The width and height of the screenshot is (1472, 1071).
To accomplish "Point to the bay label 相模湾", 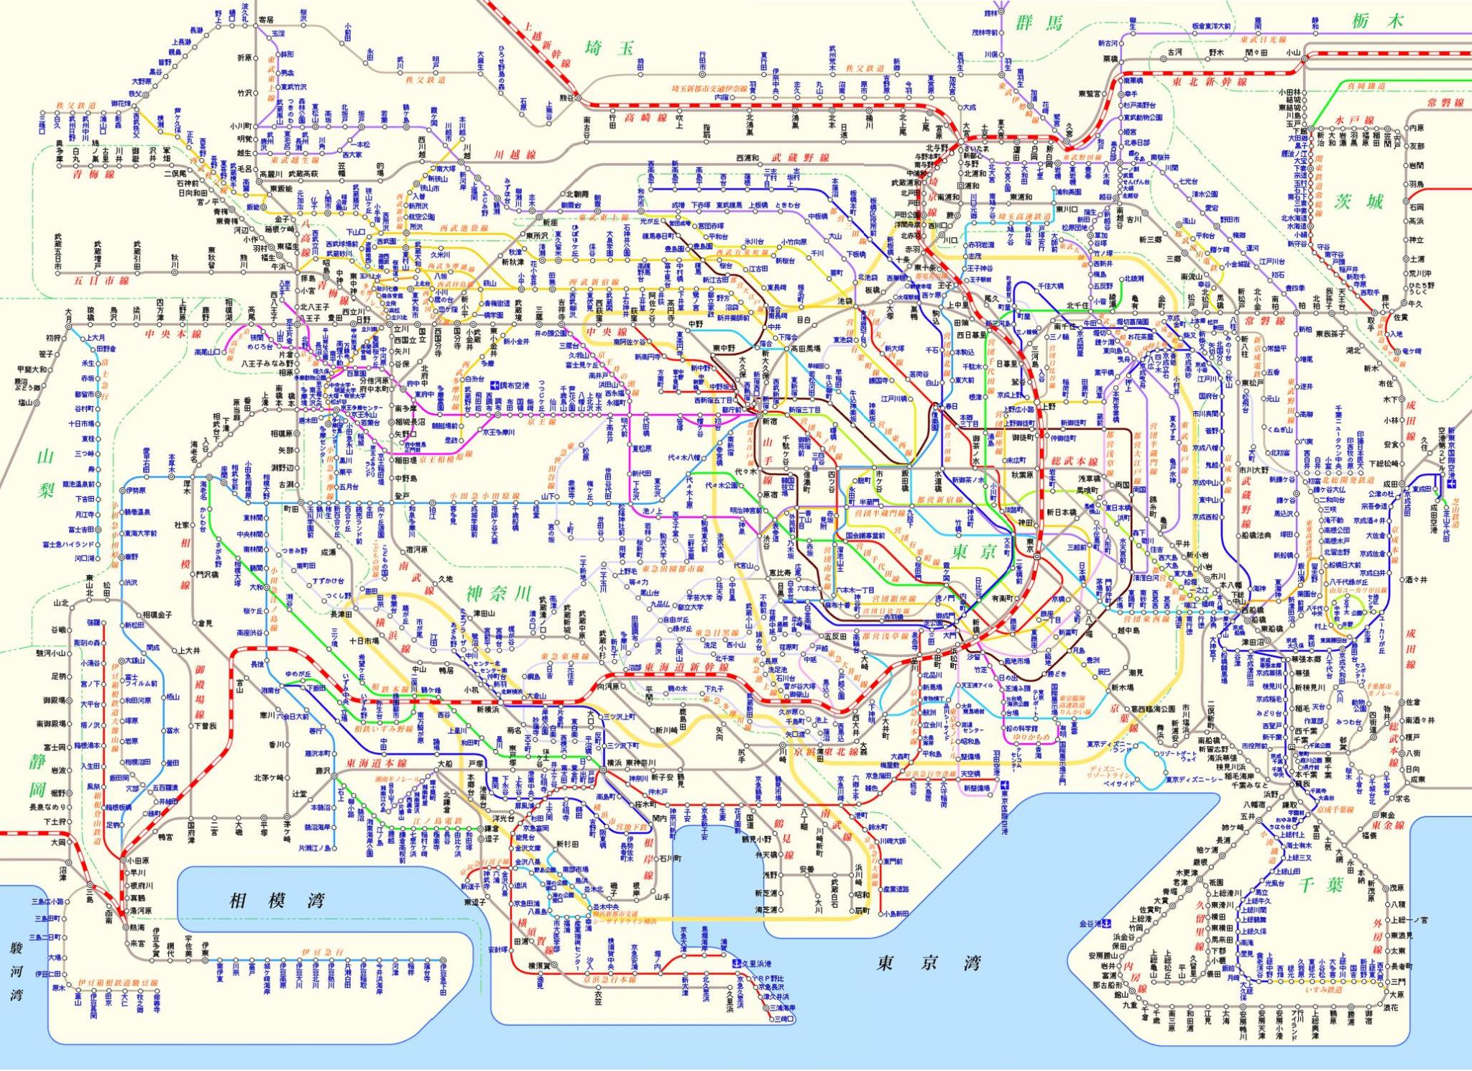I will [277, 901].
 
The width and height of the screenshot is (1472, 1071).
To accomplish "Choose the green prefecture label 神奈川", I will [498, 593].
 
